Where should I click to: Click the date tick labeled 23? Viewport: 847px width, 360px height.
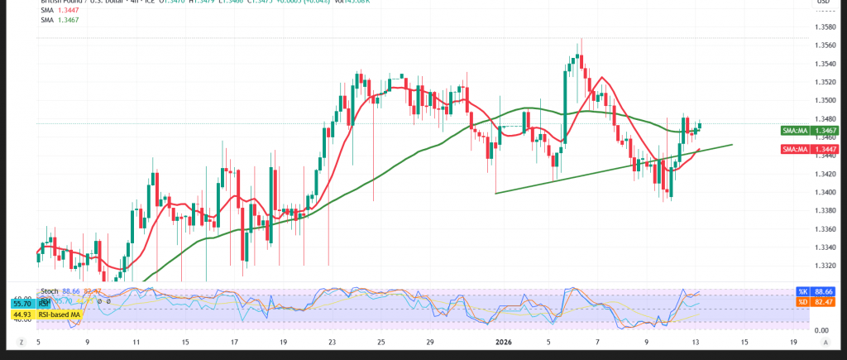[332, 342]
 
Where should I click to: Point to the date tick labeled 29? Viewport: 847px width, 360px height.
[430, 342]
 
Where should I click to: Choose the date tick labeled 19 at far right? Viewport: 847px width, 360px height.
[793, 342]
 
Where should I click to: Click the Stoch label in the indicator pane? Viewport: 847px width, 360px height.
[49, 292]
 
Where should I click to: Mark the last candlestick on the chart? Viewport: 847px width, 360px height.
[700, 125]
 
